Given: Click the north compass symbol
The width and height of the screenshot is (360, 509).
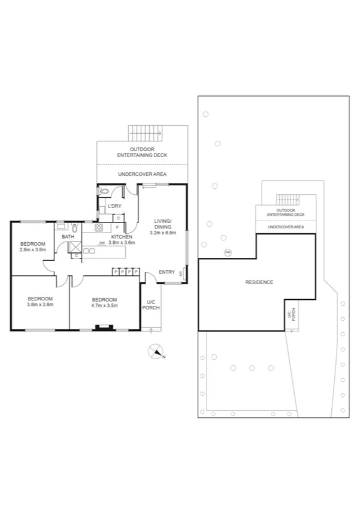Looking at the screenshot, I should pyautogui.click(x=156, y=352).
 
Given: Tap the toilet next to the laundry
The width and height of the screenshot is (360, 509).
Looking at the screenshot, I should pyautogui.click(x=105, y=192).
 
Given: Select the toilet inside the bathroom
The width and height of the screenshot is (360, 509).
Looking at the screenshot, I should pyautogui.click(x=75, y=228).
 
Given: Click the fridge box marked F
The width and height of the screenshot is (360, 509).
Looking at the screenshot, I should pyautogui.click(x=117, y=228).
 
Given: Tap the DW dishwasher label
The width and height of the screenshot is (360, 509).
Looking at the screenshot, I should pyautogui.click(x=102, y=243).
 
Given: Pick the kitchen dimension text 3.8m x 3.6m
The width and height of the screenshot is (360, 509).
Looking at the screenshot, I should pyautogui.click(x=122, y=243).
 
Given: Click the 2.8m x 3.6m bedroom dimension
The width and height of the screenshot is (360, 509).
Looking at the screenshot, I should pyautogui.click(x=33, y=249).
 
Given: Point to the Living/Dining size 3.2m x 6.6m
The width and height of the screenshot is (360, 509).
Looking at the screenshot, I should pyautogui.click(x=162, y=233).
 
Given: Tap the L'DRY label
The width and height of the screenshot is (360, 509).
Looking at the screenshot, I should pyautogui.click(x=114, y=208).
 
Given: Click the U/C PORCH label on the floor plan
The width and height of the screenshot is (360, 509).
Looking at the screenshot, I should pyautogui.click(x=150, y=305).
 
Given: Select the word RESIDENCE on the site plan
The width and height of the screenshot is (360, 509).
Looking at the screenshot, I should pyautogui.click(x=259, y=282).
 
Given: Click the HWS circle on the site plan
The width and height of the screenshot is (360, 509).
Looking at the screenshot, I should pyautogui.click(x=227, y=252).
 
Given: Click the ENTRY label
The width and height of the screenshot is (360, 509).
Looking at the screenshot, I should pyautogui.click(x=167, y=273).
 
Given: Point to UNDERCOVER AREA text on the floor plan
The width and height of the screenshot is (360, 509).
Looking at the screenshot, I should pyautogui.click(x=142, y=174).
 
